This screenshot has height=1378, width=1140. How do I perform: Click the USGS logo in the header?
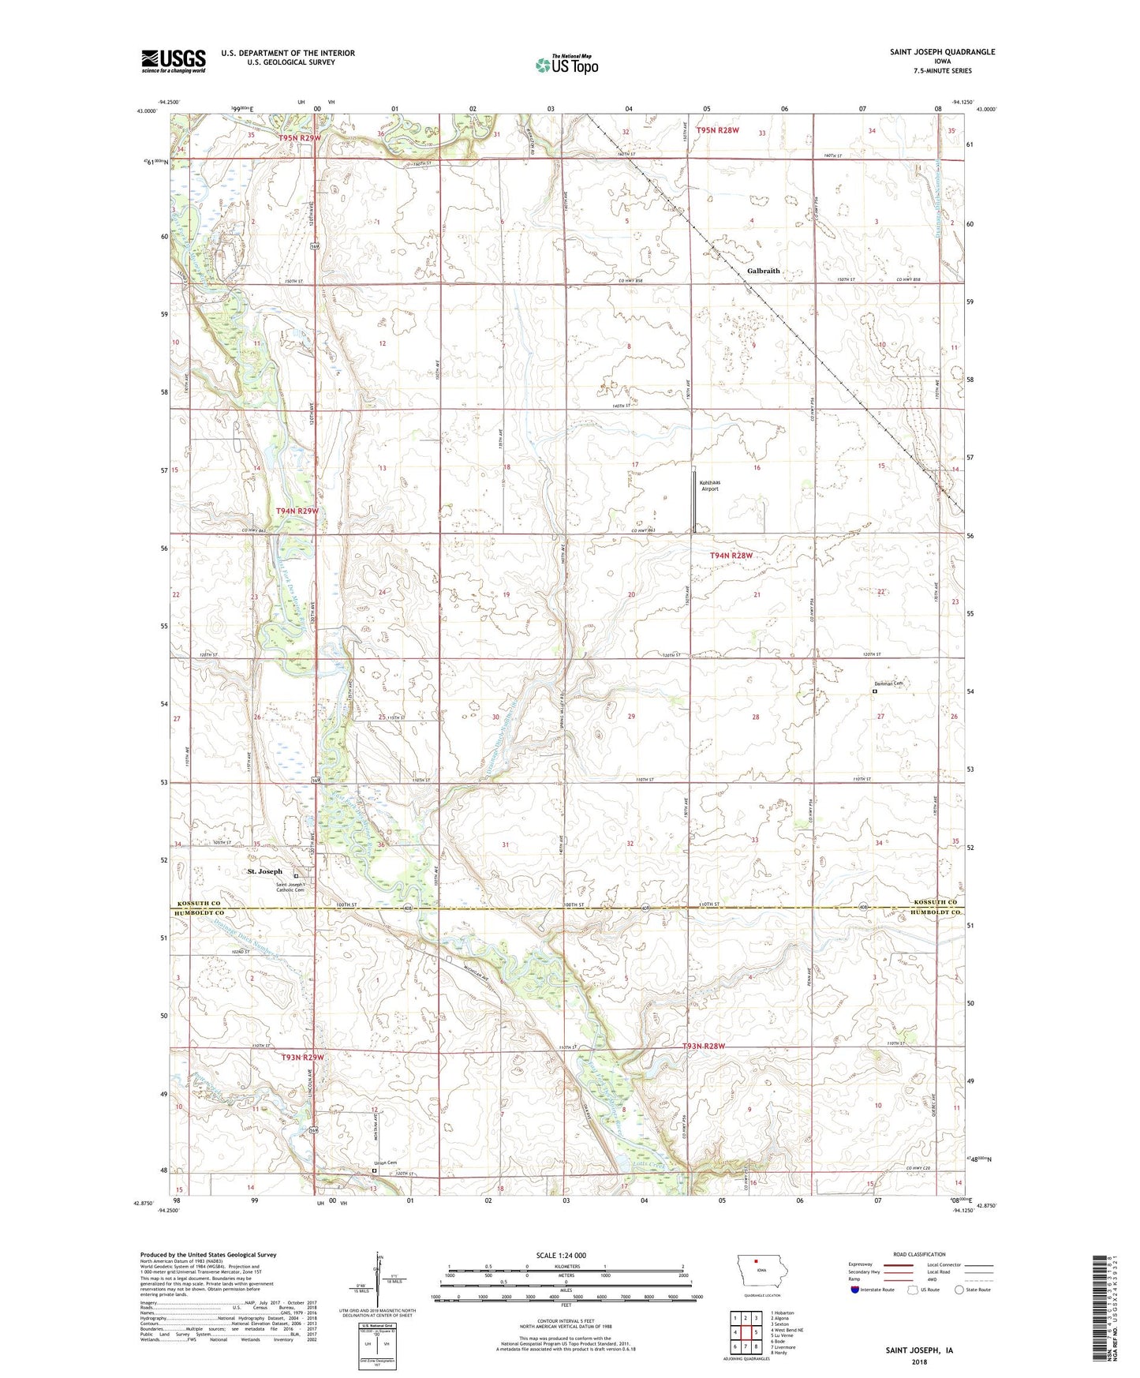tap(174, 60)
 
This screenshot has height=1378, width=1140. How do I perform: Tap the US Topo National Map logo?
tap(566, 65)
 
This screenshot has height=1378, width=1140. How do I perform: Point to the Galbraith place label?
tap(763, 271)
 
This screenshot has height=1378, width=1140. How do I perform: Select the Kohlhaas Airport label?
tap(710, 485)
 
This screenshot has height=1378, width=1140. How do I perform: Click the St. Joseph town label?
tap(264, 871)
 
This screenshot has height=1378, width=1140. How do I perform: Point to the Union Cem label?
tap(385, 1163)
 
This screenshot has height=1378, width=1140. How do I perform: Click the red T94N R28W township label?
tap(731, 556)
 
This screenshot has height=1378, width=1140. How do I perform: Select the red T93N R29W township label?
tap(302, 1057)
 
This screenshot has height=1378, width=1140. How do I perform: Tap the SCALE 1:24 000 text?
tap(561, 1255)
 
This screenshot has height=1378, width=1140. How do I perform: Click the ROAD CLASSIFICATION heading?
tap(920, 1254)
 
